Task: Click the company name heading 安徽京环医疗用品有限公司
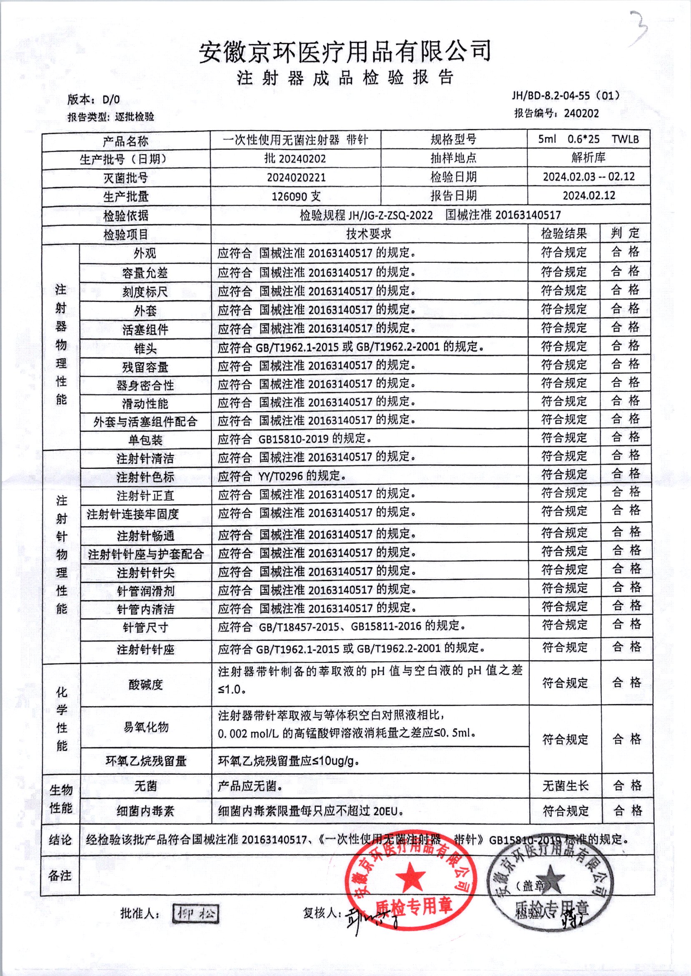345,51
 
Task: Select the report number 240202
581,113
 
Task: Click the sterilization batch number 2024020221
296,177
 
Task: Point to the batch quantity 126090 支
296,196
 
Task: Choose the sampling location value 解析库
588,158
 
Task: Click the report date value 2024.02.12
588,195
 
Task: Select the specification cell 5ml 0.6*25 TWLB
588,139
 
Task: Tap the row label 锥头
145,348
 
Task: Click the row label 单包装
145,440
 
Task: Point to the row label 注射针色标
145,477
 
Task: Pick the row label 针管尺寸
145,628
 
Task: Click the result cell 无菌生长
565,786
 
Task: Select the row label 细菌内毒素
145,811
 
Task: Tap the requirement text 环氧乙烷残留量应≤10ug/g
289,761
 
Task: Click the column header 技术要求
369,234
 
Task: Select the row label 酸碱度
145,684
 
